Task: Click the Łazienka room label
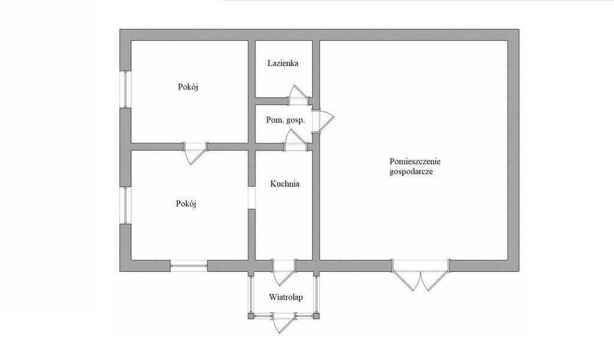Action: [283, 63]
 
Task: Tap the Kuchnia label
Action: [285, 184]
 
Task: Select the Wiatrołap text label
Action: [286, 297]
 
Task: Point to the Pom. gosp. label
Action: [285, 120]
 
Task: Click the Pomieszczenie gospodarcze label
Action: [415, 166]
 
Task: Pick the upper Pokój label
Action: [188, 86]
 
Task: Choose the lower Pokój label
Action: [186, 203]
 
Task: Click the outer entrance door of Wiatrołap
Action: [283, 322]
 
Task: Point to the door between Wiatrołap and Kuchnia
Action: [284, 272]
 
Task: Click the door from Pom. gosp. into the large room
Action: [324, 120]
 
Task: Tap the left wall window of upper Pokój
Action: [125, 89]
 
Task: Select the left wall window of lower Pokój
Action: [125, 206]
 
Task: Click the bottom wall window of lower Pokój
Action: [189, 266]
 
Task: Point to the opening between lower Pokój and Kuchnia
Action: [252, 198]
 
